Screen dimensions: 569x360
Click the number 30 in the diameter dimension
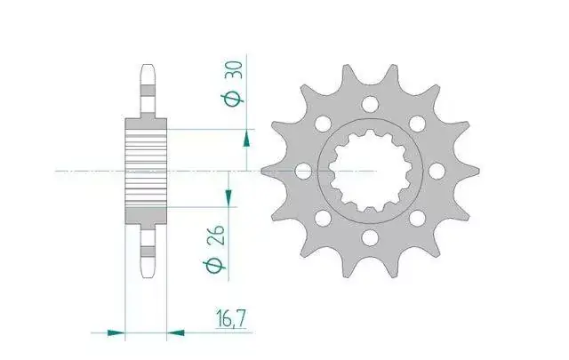click(234, 71)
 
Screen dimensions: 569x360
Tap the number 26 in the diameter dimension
click(216, 236)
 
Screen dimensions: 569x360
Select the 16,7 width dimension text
click(231, 318)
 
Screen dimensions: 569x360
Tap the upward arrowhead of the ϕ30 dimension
click(246, 140)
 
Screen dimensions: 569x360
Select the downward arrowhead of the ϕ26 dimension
click(228, 198)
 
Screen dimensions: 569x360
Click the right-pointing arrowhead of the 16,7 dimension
click(116, 332)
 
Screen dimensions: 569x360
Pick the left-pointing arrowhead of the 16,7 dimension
click(175, 332)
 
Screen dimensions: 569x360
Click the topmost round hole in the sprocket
click(370, 104)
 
